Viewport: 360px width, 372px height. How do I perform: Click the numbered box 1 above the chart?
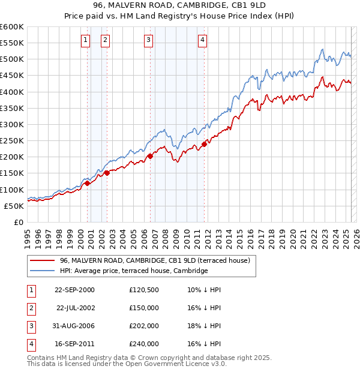[x=85, y=40]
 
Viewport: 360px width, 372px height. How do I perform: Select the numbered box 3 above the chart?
[x=148, y=40]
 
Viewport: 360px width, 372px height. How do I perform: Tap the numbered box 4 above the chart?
[x=203, y=40]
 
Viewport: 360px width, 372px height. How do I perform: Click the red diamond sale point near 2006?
[x=150, y=156]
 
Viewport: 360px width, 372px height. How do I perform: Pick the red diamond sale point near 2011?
[x=205, y=144]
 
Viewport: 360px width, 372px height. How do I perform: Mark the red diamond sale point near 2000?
[x=87, y=183]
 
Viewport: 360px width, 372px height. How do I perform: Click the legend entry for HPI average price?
[x=133, y=271]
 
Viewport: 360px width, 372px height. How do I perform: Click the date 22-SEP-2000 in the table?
[x=74, y=290]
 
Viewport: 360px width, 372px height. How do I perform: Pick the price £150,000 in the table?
[x=144, y=308]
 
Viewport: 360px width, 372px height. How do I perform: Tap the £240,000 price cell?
[x=144, y=344]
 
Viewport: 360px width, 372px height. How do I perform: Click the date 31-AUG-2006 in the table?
[x=74, y=326]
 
